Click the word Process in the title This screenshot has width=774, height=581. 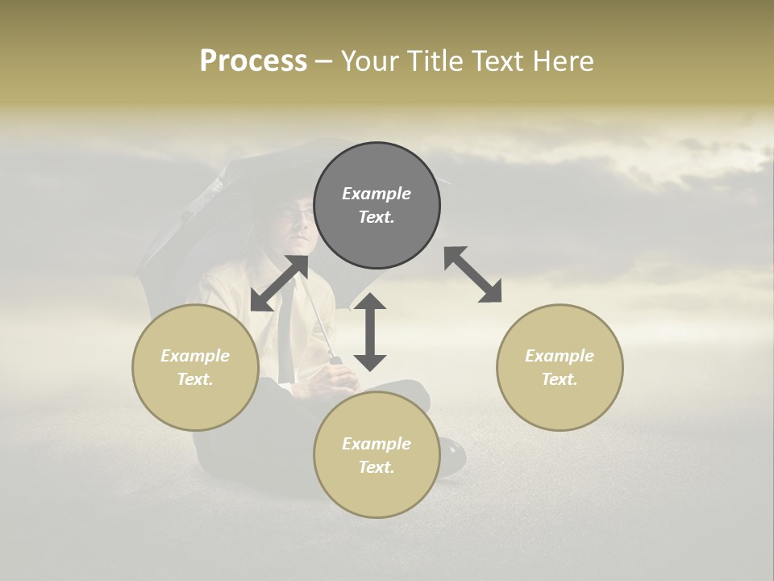point(253,61)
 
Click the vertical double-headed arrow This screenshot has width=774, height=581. point(370,332)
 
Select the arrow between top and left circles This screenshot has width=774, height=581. point(279,283)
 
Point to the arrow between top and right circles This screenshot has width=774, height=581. point(473,275)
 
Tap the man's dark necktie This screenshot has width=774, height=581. point(285,339)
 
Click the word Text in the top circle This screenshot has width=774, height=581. point(377,217)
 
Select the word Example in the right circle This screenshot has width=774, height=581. point(559,356)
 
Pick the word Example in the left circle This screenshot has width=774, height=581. point(195,356)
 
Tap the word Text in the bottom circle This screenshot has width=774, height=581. point(377,467)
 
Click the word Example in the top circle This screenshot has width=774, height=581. point(377,194)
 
